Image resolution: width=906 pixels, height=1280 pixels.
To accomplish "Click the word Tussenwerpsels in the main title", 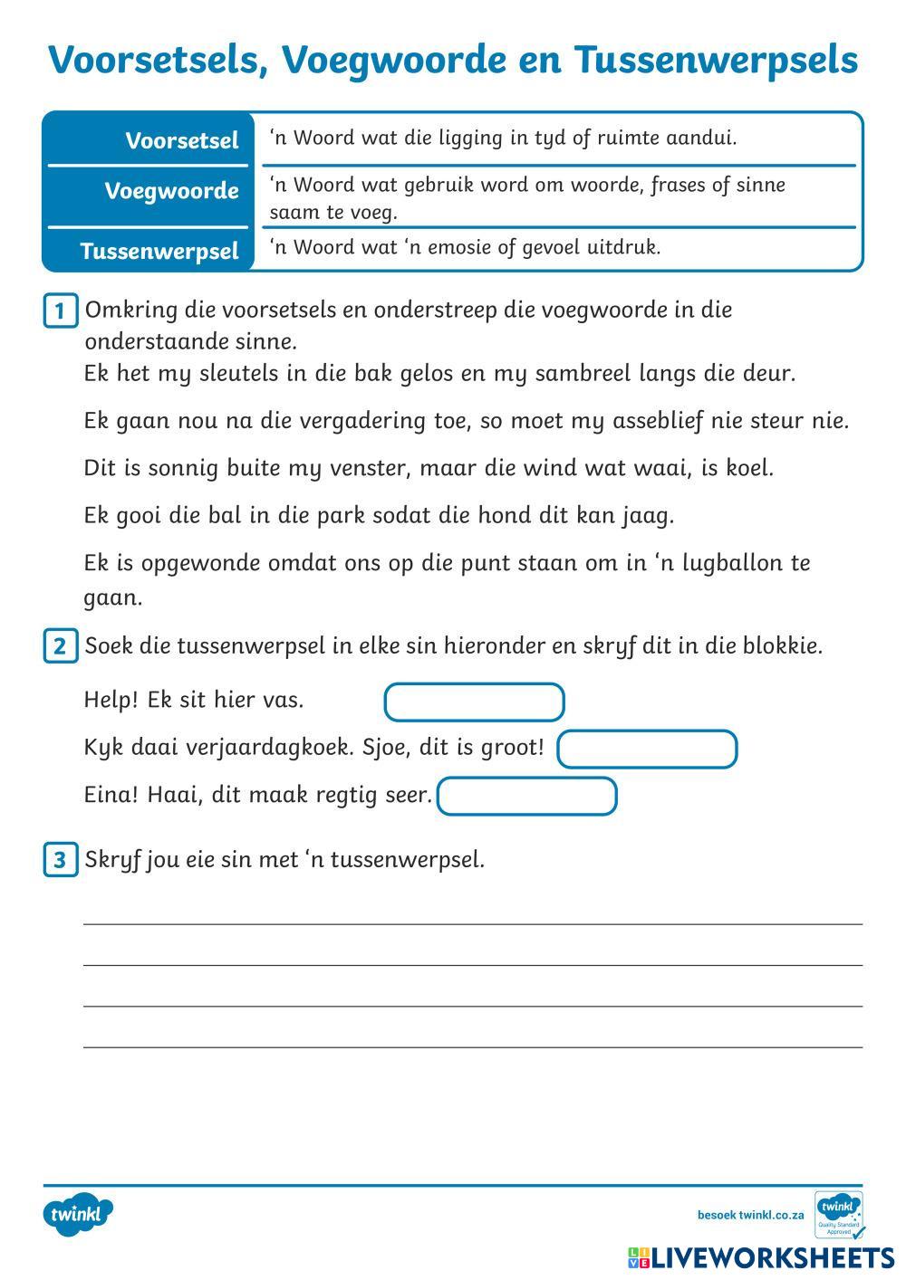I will (716, 61).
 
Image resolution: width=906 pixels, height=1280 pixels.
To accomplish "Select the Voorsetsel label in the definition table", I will (181, 140).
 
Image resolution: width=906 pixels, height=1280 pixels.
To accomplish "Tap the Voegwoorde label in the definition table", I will (171, 191).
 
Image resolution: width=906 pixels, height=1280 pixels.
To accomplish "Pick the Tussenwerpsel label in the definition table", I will (159, 251).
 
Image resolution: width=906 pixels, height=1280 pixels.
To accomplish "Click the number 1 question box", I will (60, 311).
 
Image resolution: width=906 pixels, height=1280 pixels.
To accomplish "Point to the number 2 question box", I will (60, 646).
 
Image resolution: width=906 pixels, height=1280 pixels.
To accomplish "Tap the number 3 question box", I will (60, 859).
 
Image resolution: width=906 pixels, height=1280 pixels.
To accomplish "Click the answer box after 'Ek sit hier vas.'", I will (474, 702).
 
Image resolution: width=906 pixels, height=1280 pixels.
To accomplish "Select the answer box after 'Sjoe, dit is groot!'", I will (647, 750).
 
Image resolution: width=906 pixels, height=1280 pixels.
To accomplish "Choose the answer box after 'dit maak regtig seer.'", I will (526, 797).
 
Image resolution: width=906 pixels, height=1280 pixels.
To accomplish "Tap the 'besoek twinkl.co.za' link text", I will (750, 1215).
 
